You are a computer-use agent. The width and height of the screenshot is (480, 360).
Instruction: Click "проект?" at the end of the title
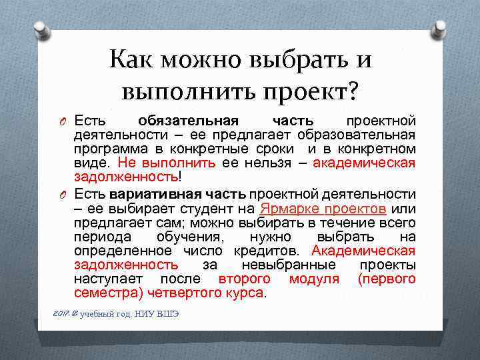310,88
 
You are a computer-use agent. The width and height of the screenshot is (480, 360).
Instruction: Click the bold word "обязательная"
187,120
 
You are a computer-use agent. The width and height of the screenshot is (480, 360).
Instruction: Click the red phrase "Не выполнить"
166,163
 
